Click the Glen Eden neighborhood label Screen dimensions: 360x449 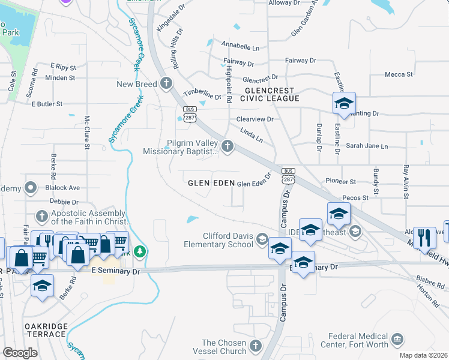pos(210,183)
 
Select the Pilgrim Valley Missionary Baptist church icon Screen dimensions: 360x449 pos(228,146)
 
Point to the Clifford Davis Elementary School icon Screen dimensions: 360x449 pos(262,240)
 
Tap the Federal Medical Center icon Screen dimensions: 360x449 pos(397,340)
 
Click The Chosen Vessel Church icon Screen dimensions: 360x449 pos(256,346)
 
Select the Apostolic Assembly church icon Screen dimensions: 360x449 pos(41,216)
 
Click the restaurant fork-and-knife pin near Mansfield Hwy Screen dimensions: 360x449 pos(424,237)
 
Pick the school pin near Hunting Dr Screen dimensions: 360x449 pos(344,103)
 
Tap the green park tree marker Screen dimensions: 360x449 pos(140,251)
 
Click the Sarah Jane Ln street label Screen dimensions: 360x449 pos(367,146)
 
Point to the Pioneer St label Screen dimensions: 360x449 pos(341,181)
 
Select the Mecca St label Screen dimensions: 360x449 pos(399,75)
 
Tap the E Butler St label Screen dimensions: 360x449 pos(47,104)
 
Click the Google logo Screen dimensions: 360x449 pos(20,353)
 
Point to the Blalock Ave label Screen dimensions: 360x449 pos(62,188)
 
